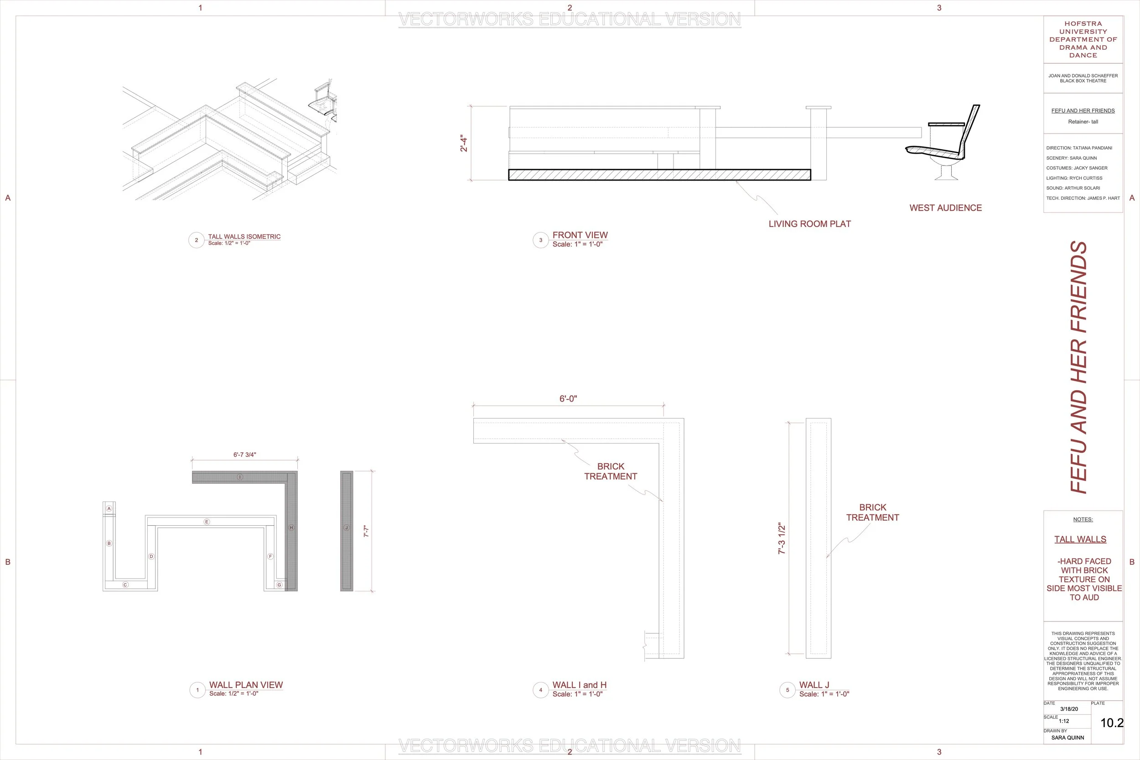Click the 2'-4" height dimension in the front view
coord(464,144)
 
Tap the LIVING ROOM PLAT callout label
coord(809,224)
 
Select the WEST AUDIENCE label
coord(945,208)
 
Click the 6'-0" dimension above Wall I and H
coord(568,399)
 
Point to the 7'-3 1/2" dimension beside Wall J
coord(781,538)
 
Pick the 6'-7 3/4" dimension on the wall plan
coord(244,455)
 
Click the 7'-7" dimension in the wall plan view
coord(367,531)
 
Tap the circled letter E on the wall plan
coord(207,522)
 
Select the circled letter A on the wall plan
coord(109,508)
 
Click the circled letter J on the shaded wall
coord(346,527)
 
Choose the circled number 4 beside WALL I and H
coord(540,690)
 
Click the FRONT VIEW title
coord(580,235)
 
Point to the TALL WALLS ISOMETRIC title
coord(244,237)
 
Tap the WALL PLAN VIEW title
coord(246,685)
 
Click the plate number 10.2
coord(1111,723)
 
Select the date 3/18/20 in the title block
coord(1069,709)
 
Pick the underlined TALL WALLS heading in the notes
coord(1080,539)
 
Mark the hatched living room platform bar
coord(659,175)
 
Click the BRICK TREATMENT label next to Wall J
coord(872,512)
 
